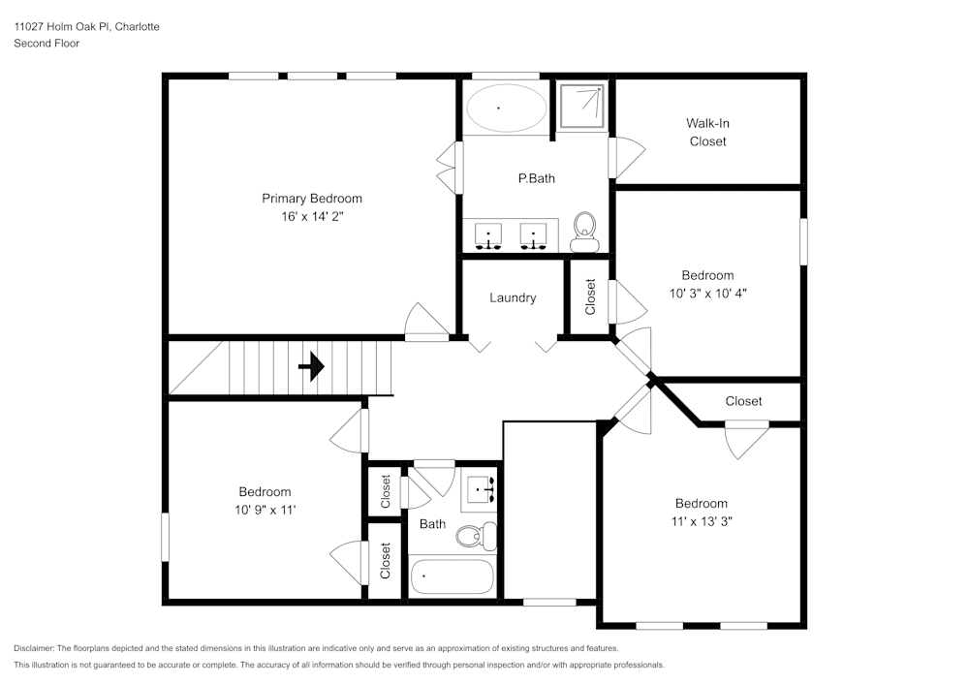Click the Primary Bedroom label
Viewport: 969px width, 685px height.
coord(312,199)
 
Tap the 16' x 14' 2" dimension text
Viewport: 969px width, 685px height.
coord(312,218)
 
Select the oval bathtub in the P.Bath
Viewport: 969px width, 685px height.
coord(504,109)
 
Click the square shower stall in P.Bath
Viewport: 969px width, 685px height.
coord(581,106)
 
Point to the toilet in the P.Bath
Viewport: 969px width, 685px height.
coord(585,229)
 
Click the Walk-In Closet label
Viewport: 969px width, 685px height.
coord(707,132)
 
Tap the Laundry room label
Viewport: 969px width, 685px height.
coord(513,297)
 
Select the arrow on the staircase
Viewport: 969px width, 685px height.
coord(311,368)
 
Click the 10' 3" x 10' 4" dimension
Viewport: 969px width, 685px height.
coord(707,293)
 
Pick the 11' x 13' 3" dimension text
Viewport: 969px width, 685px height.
coord(702,521)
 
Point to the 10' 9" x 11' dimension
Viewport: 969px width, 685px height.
coord(265,510)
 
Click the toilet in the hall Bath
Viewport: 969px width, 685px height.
coord(475,534)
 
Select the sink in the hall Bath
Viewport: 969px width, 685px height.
coord(481,489)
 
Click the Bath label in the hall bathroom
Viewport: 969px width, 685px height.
coord(432,524)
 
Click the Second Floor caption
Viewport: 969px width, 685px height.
coord(47,44)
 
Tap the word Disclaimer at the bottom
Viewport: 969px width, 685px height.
coord(35,648)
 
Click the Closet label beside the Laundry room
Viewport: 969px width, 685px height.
coord(590,297)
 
